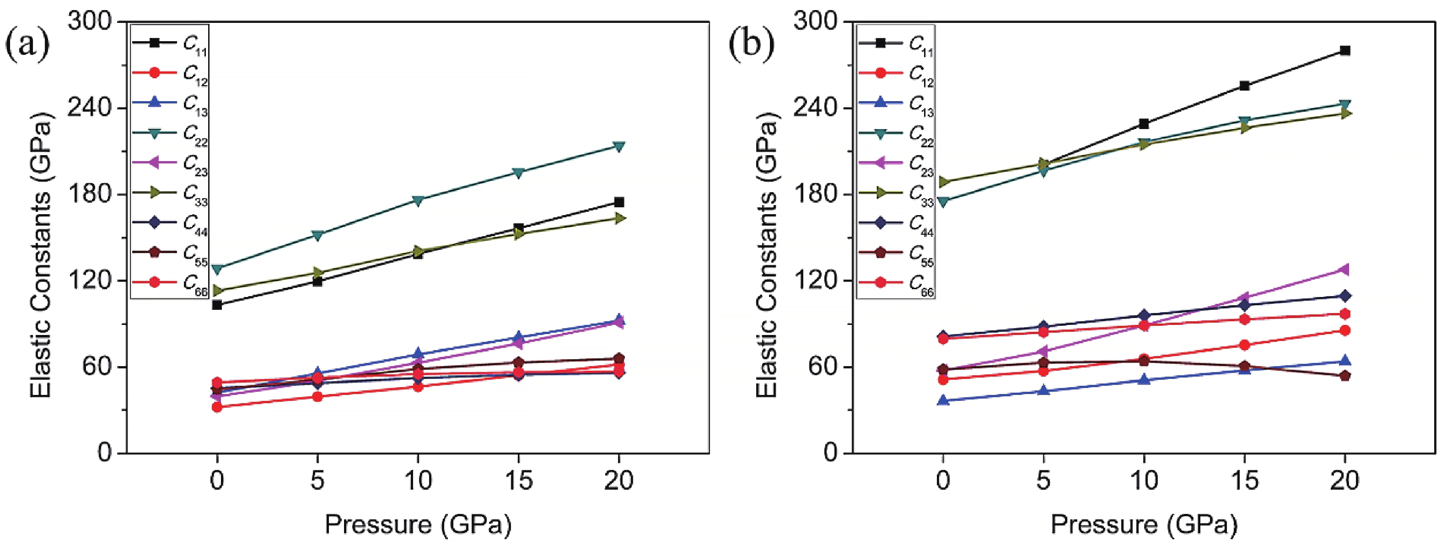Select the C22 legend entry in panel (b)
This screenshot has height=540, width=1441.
coord(895,134)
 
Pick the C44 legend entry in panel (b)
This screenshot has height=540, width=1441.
coord(895,223)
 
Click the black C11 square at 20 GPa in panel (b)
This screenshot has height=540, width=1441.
coord(1345,51)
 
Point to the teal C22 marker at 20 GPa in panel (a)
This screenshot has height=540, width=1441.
coord(618,146)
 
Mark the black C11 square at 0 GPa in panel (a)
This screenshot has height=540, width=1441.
coord(217,305)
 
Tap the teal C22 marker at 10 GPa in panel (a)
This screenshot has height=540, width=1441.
coord(417,200)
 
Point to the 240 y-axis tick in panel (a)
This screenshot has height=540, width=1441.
coord(90,108)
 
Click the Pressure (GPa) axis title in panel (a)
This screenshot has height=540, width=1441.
coord(418,524)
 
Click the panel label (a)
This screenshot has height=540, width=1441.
coord(27,45)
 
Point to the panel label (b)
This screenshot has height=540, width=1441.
coord(752,45)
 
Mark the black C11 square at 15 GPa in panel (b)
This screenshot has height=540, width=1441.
coord(1245,86)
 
